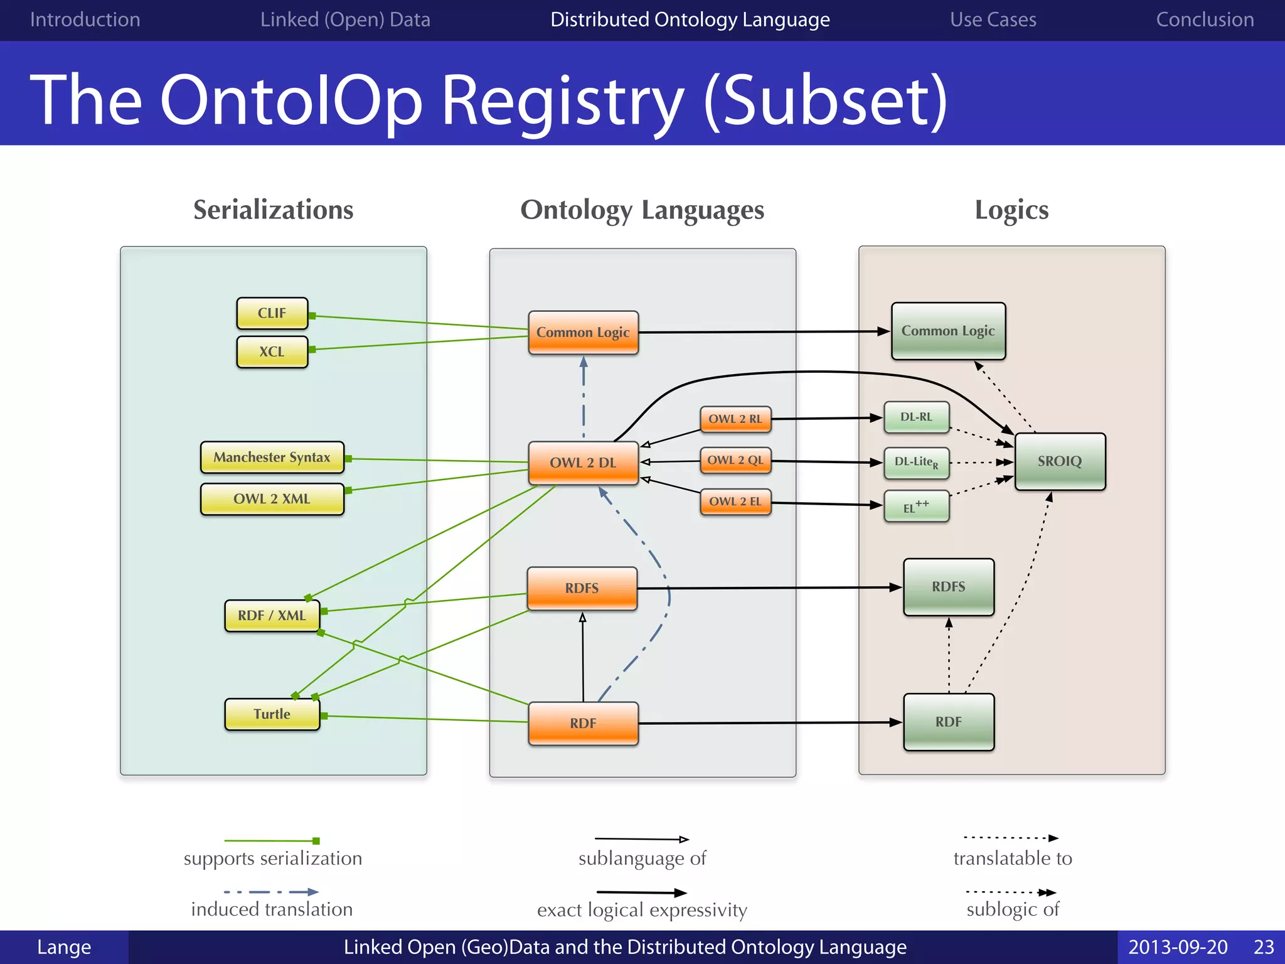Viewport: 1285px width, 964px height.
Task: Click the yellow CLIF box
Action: pos(272,313)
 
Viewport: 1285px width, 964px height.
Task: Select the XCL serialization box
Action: pos(272,351)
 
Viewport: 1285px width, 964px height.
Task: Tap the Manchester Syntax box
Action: pos(272,457)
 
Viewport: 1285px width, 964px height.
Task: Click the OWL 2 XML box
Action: pos(272,499)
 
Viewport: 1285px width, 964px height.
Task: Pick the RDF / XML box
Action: pos(272,616)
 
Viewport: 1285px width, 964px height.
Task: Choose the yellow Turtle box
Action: pos(272,714)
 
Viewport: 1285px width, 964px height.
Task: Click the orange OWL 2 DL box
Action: pos(583,463)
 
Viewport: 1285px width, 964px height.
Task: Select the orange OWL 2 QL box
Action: pos(735,460)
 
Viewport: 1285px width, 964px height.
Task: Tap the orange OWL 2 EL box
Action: pos(735,501)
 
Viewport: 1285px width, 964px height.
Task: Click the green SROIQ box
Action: pos(1060,461)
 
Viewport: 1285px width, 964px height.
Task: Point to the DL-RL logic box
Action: pos(916,417)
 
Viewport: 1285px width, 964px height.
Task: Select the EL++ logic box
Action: pos(916,506)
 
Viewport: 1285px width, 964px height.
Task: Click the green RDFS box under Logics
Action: pos(948,587)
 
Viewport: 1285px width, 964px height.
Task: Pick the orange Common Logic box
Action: pos(583,333)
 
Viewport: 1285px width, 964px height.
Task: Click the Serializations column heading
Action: pos(273,210)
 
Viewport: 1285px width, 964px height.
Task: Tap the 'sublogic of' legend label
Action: pos(1012,909)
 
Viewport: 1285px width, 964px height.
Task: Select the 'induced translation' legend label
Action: pos(272,909)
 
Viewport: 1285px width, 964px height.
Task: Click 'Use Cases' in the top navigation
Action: pos(993,19)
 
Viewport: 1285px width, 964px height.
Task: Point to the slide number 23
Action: pos(1264,947)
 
